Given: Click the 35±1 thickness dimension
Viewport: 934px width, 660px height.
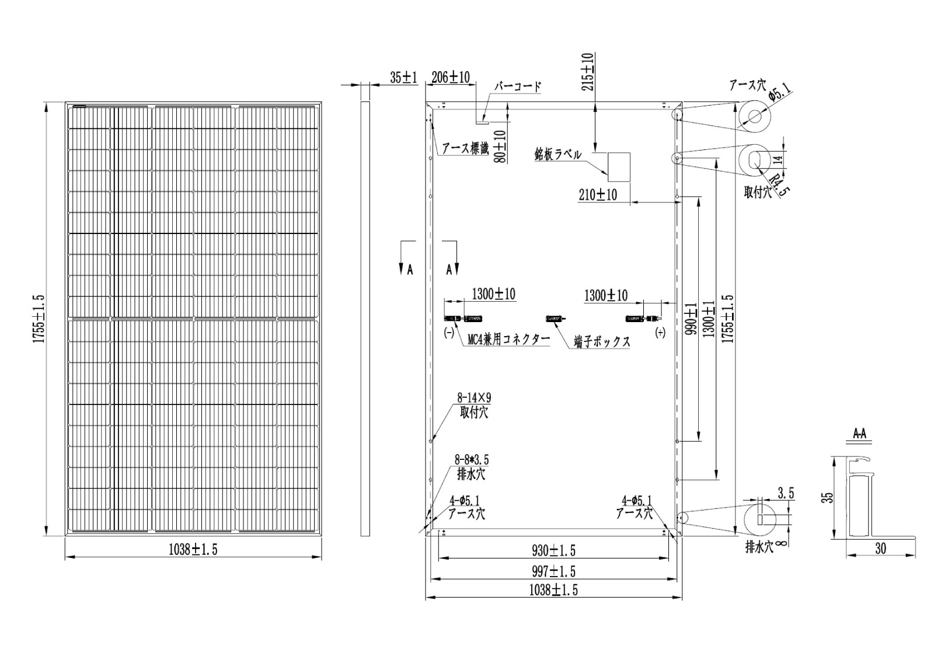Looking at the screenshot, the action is pyautogui.click(x=403, y=78).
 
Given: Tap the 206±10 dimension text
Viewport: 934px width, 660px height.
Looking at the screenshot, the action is pyautogui.click(x=450, y=77).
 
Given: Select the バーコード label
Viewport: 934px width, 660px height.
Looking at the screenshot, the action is pyautogui.click(x=517, y=86).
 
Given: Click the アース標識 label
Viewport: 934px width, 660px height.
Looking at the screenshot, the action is pyautogui.click(x=465, y=149).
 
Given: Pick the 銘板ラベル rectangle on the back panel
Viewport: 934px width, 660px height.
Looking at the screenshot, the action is pyautogui.click(x=619, y=167).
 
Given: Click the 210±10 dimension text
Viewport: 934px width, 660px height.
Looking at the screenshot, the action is pyautogui.click(x=598, y=195).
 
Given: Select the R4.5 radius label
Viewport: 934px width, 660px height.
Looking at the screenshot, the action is pyautogui.click(x=779, y=185).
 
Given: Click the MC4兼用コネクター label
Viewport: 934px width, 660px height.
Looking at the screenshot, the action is pyautogui.click(x=508, y=340).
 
